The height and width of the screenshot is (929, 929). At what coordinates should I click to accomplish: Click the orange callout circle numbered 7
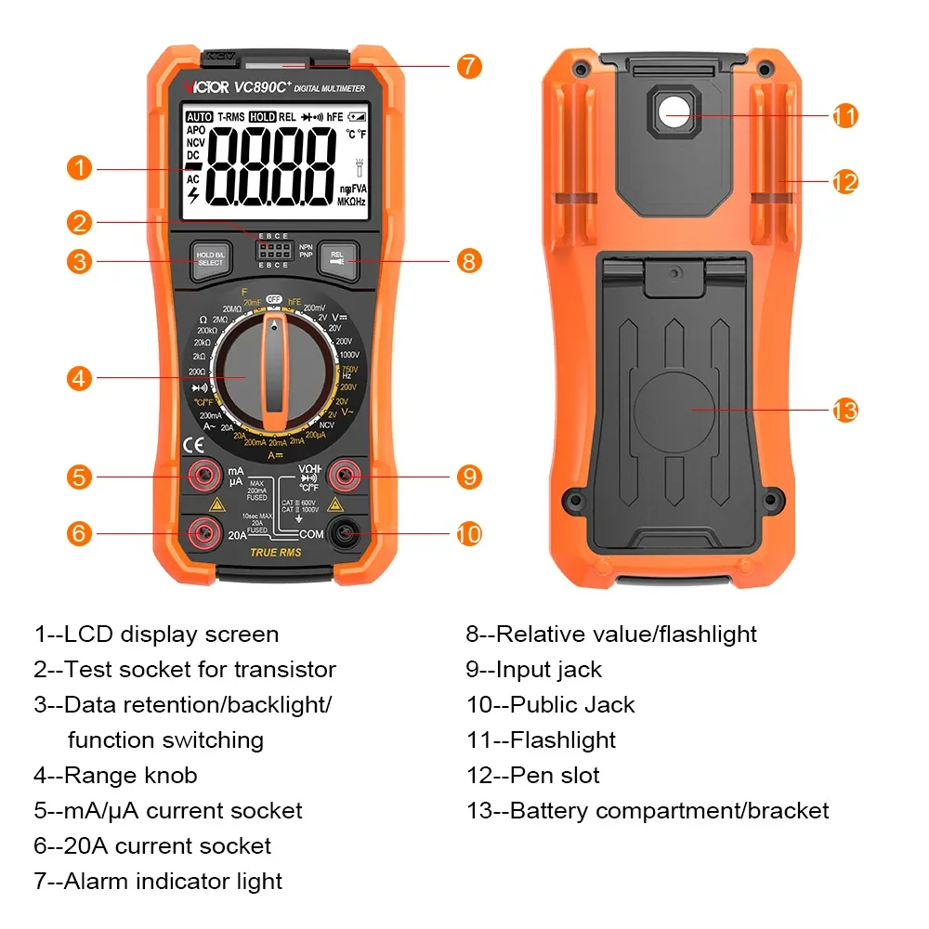(x=469, y=66)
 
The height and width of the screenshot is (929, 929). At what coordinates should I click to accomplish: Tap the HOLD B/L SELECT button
(x=211, y=259)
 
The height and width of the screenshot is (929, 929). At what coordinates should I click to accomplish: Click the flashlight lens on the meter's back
(x=674, y=113)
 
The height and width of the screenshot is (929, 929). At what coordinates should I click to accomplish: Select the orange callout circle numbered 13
(x=844, y=410)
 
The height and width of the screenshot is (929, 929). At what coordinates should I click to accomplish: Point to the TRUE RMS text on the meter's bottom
(x=276, y=553)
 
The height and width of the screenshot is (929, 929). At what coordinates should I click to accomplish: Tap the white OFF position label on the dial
(x=274, y=299)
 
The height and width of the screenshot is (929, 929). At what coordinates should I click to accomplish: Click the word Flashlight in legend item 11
(x=563, y=740)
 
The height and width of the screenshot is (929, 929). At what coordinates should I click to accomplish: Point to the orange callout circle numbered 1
(x=80, y=168)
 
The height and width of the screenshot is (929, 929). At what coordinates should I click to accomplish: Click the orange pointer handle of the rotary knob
(x=274, y=372)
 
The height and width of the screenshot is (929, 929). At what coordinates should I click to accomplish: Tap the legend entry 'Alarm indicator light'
(x=173, y=882)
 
